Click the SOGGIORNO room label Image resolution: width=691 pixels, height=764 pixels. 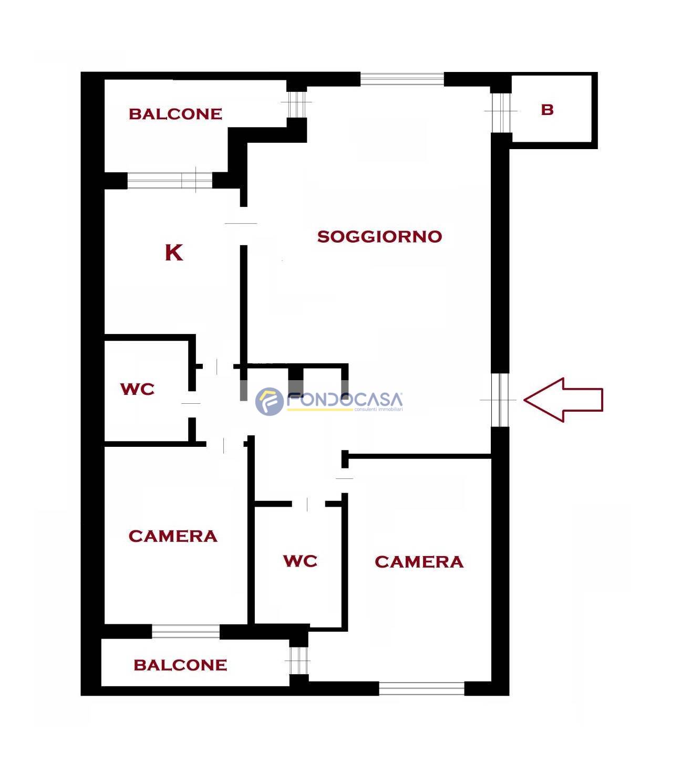pyautogui.click(x=379, y=236)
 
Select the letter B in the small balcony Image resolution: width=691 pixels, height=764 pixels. pyautogui.click(x=547, y=110)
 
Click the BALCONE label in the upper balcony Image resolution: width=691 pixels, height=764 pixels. pyautogui.click(x=176, y=114)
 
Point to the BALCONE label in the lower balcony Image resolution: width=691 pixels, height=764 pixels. pyautogui.click(x=180, y=665)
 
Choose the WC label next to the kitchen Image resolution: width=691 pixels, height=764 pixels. pyautogui.click(x=137, y=389)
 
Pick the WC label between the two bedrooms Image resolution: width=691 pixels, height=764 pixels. pyautogui.click(x=300, y=561)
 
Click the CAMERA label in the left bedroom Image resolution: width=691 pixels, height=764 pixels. pyautogui.click(x=173, y=536)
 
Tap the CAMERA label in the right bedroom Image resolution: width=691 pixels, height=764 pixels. pyautogui.click(x=419, y=562)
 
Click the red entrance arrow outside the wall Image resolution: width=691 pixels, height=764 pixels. pyautogui.click(x=563, y=400)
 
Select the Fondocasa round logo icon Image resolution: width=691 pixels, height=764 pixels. pyautogui.click(x=269, y=401)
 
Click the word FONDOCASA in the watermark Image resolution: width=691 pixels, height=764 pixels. pyautogui.click(x=345, y=400)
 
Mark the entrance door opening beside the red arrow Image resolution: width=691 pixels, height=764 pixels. pyautogui.click(x=500, y=400)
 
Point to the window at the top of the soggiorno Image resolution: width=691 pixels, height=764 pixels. pyautogui.click(x=402, y=79)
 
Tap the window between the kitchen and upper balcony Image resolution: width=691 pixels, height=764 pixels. pyautogui.click(x=170, y=180)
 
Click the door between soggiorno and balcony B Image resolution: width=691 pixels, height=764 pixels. pyautogui.click(x=501, y=113)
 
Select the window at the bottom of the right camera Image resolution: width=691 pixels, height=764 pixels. pyautogui.click(x=421, y=688)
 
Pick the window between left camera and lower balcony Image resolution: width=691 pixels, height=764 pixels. pyautogui.click(x=185, y=632)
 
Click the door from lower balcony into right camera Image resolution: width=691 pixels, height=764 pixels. pyautogui.click(x=299, y=661)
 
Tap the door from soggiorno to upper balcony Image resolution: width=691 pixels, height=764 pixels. pyautogui.click(x=297, y=104)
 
